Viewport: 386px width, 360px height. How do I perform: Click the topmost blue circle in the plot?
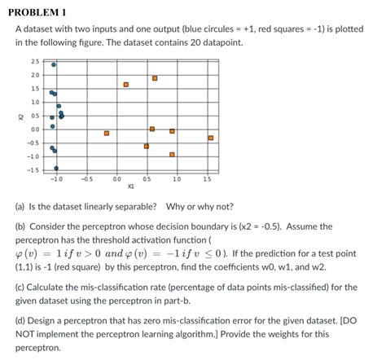[54, 64]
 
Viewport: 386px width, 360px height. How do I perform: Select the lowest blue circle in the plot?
[56, 168]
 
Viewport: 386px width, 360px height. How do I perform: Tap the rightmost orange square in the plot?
[211, 138]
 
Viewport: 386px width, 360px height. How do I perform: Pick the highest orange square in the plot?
[155, 78]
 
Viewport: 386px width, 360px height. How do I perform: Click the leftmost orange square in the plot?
[107, 133]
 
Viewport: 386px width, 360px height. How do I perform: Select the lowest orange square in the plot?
[172, 154]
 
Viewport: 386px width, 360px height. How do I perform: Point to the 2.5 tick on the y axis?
[36, 61]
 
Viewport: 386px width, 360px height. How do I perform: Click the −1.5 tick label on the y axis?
[34, 169]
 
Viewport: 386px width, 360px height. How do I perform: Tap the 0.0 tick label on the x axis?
[117, 178]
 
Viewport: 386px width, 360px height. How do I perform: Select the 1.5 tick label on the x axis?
[207, 178]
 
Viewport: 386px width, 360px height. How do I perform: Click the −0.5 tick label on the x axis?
[86, 178]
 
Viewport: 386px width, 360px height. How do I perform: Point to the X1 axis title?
[131, 186]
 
